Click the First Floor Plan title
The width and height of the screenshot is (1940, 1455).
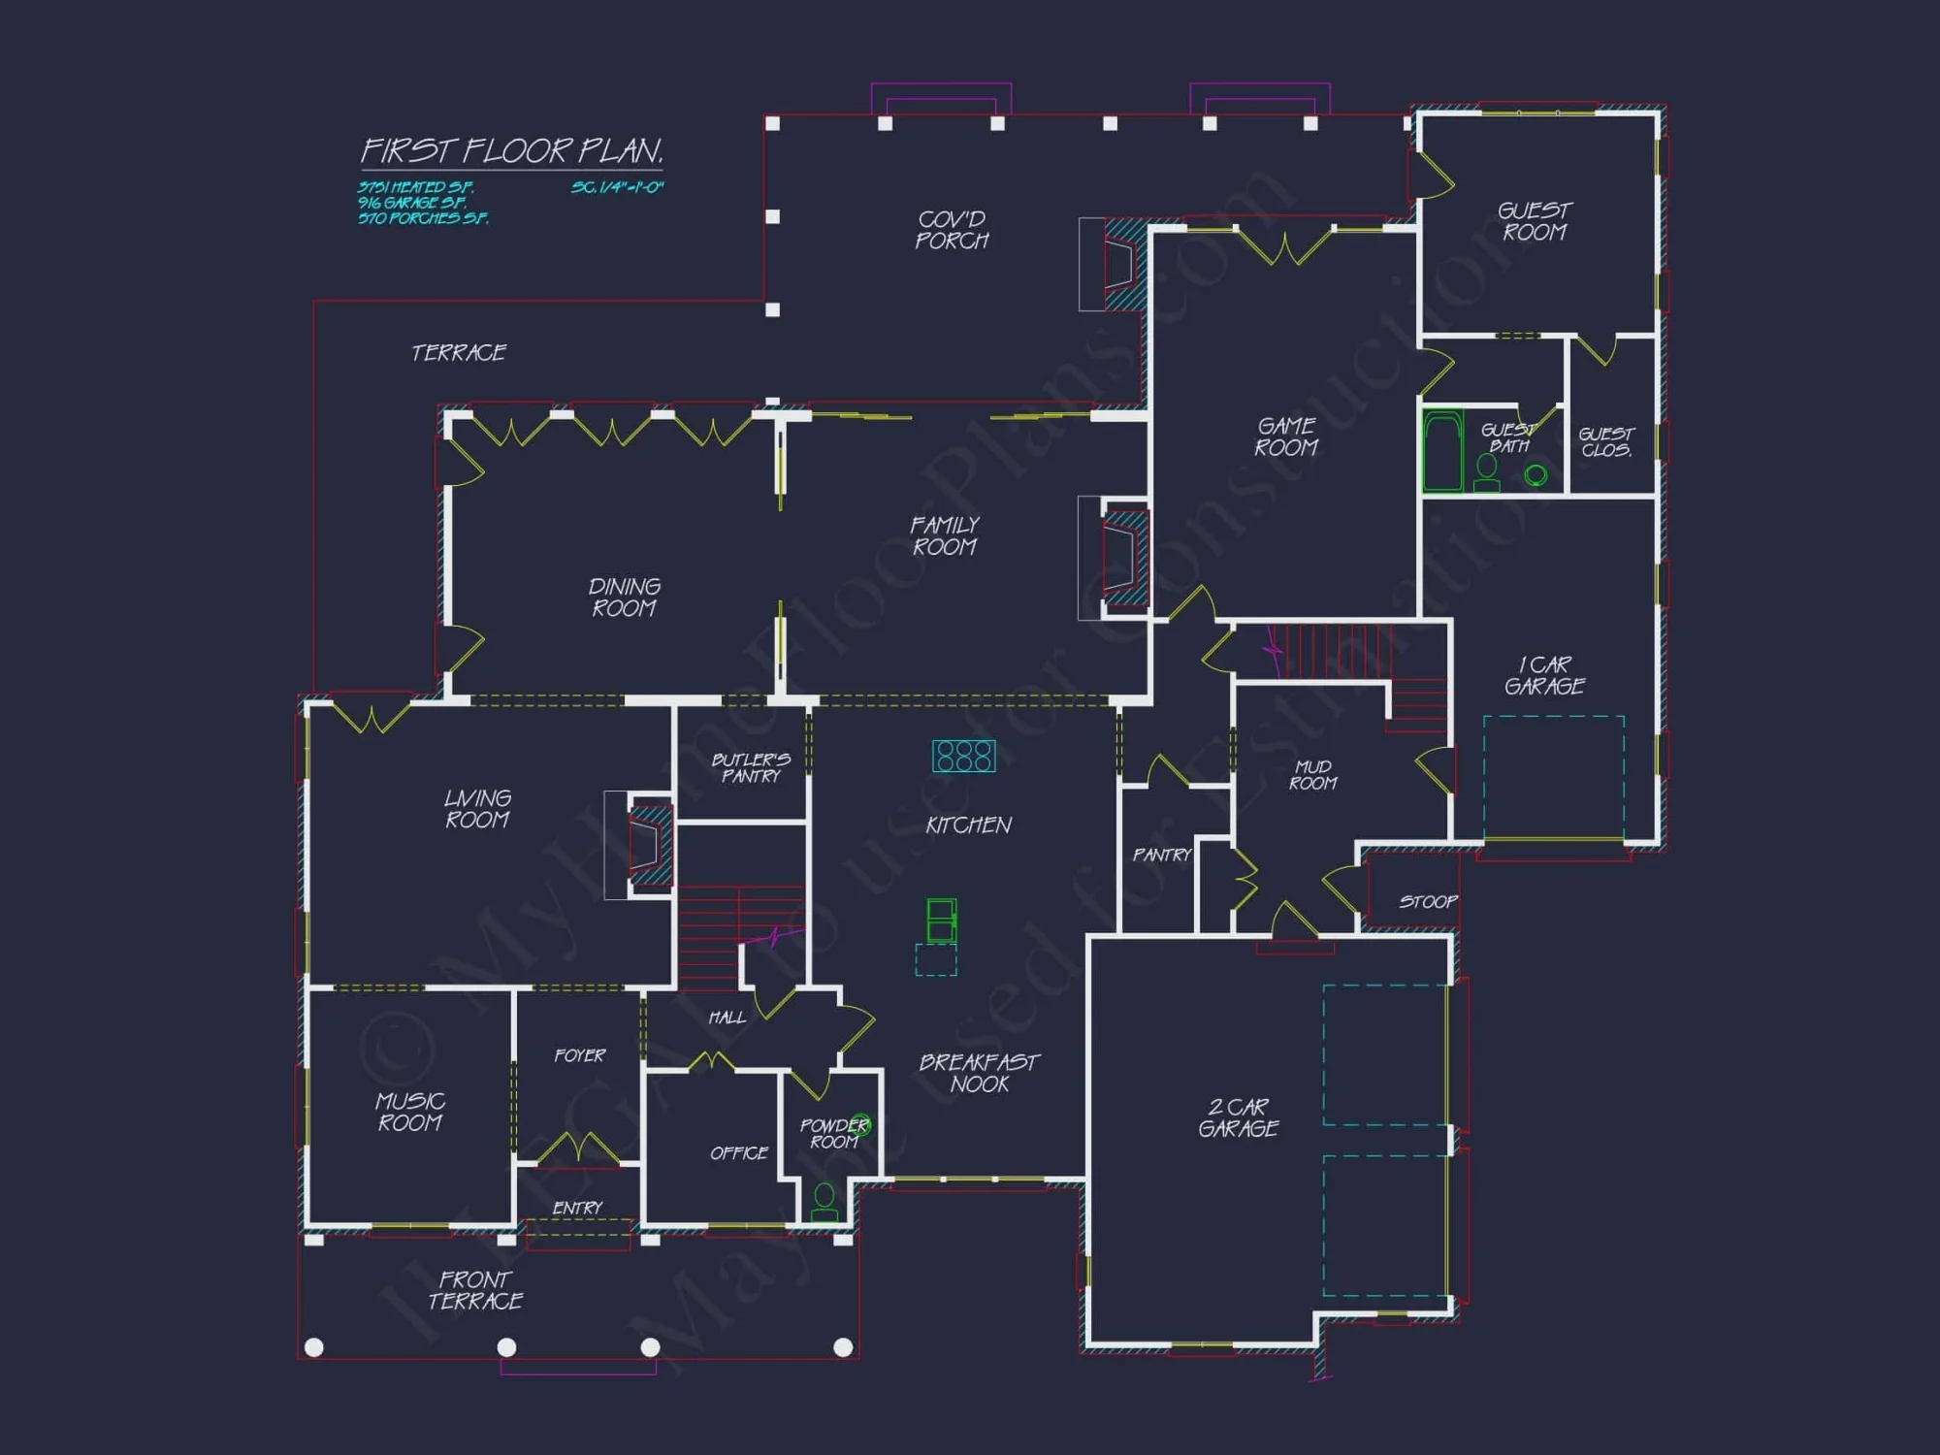pos(512,151)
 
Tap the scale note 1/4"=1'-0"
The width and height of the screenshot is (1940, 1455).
pos(617,187)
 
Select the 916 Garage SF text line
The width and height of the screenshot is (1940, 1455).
pos(412,203)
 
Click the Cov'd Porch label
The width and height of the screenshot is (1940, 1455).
pos(952,230)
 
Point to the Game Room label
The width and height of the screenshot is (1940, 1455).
pos(1286,436)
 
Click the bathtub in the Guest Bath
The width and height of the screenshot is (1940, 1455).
pos(1442,451)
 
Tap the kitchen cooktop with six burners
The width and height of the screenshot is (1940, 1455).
pos(963,756)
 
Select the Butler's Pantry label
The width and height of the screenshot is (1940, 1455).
pos(751,767)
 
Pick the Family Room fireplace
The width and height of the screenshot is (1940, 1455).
pos(1121,558)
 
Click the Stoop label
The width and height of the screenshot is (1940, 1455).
pos(1428,902)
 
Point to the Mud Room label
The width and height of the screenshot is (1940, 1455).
pos(1313,775)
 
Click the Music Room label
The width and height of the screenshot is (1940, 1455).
pos(410,1112)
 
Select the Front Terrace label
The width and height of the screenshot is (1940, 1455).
pos(475,1290)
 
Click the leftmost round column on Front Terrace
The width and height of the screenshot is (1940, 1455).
pos(314,1347)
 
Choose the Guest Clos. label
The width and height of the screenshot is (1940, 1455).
pos(1606,442)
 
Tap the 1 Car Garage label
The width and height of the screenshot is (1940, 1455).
pos(1544,675)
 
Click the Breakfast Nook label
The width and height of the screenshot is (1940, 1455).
pos(979,1073)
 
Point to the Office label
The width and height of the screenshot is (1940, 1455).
pos(738,1153)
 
